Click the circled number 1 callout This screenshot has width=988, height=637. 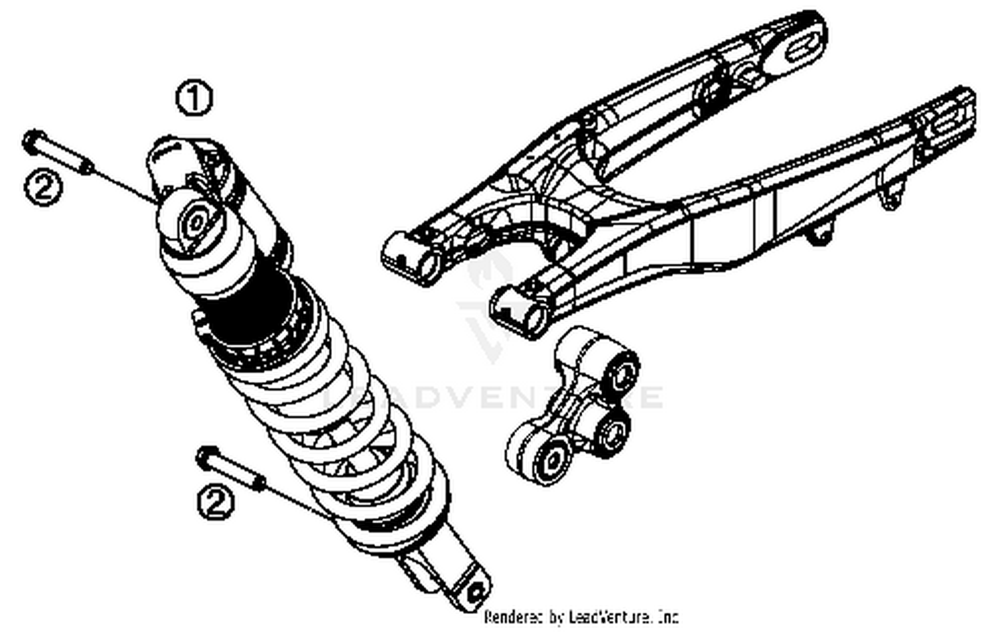194,99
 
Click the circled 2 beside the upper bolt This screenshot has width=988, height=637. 43,188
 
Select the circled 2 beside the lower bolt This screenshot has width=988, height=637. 216,503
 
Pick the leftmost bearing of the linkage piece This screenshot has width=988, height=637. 548,459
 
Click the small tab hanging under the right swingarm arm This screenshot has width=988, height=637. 889,198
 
